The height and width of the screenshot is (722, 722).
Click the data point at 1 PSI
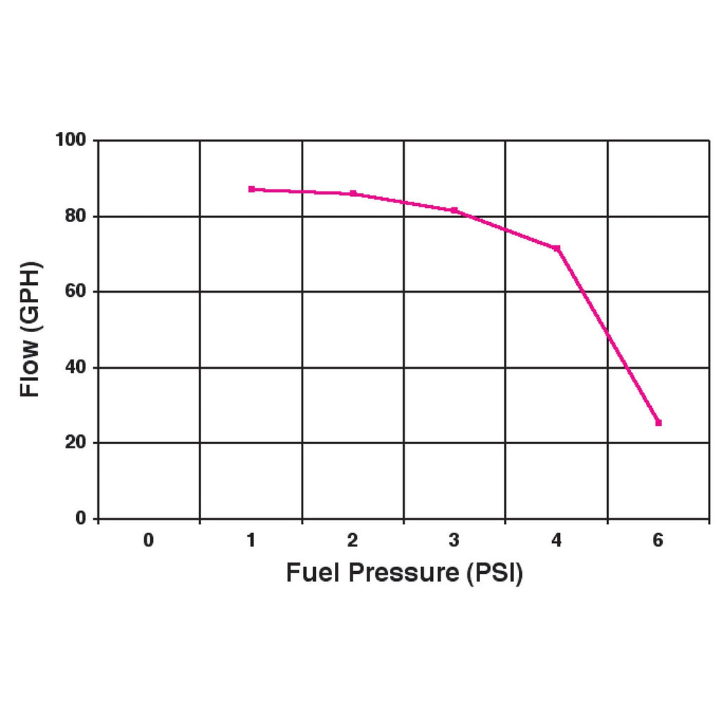pyautogui.click(x=251, y=189)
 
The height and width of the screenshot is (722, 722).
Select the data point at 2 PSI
pyautogui.click(x=353, y=193)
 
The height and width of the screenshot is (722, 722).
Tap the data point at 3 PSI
pyautogui.click(x=455, y=210)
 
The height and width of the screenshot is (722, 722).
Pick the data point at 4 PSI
pyautogui.click(x=557, y=248)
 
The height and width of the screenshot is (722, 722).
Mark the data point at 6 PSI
pyautogui.click(x=659, y=422)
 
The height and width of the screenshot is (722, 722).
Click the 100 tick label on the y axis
pyautogui.click(x=71, y=140)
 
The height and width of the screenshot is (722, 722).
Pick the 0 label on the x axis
pyautogui.click(x=149, y=541)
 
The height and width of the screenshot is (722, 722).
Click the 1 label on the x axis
pyautogui.click(x=251, y=541)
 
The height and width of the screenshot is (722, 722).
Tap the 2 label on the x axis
pyautogui.click(x=353, y=541)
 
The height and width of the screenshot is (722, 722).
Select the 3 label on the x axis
pyautogui.click(x=455, y=541)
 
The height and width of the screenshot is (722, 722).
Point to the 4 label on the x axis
pyautogui.click(x=557, y=541)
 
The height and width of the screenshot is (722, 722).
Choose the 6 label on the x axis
pyautogui.click(x=659, y=541)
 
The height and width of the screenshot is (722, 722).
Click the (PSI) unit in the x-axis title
pyautogui.click(x=494, y=573)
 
